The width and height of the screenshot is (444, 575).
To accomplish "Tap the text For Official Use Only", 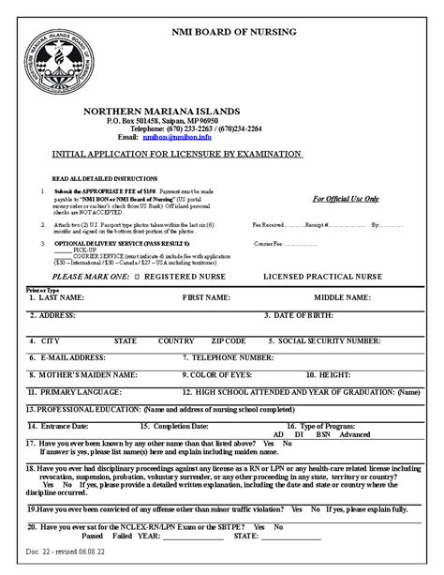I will point(346,199).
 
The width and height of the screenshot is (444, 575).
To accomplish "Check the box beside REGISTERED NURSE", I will point(140,278).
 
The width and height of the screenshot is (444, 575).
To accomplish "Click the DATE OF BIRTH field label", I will point(317,314).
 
